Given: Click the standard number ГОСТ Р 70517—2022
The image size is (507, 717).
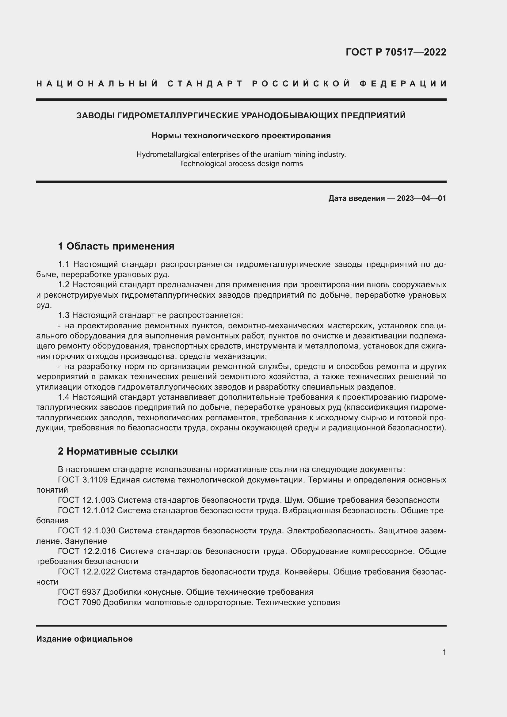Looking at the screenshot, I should (x=395, y=52).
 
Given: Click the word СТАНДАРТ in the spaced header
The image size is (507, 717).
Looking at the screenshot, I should (x=205, y=84).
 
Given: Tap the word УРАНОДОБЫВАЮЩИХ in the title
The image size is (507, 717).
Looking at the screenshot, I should (x=290, y=116).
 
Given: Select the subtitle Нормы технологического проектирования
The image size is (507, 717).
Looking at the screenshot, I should (x=241, y=135).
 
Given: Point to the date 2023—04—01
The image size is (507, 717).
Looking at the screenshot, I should (x=421, y=198).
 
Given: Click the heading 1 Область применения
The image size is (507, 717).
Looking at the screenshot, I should (x=116, y=246).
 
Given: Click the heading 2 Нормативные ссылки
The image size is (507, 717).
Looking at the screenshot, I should (x=118, y=451).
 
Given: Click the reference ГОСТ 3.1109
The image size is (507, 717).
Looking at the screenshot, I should (x=83, y=480).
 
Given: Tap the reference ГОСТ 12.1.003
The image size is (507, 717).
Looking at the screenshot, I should (x=86, y=500).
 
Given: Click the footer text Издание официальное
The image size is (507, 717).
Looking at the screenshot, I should (x=84, y=639).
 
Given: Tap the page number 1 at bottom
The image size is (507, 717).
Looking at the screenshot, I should (x=444, y=652).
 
